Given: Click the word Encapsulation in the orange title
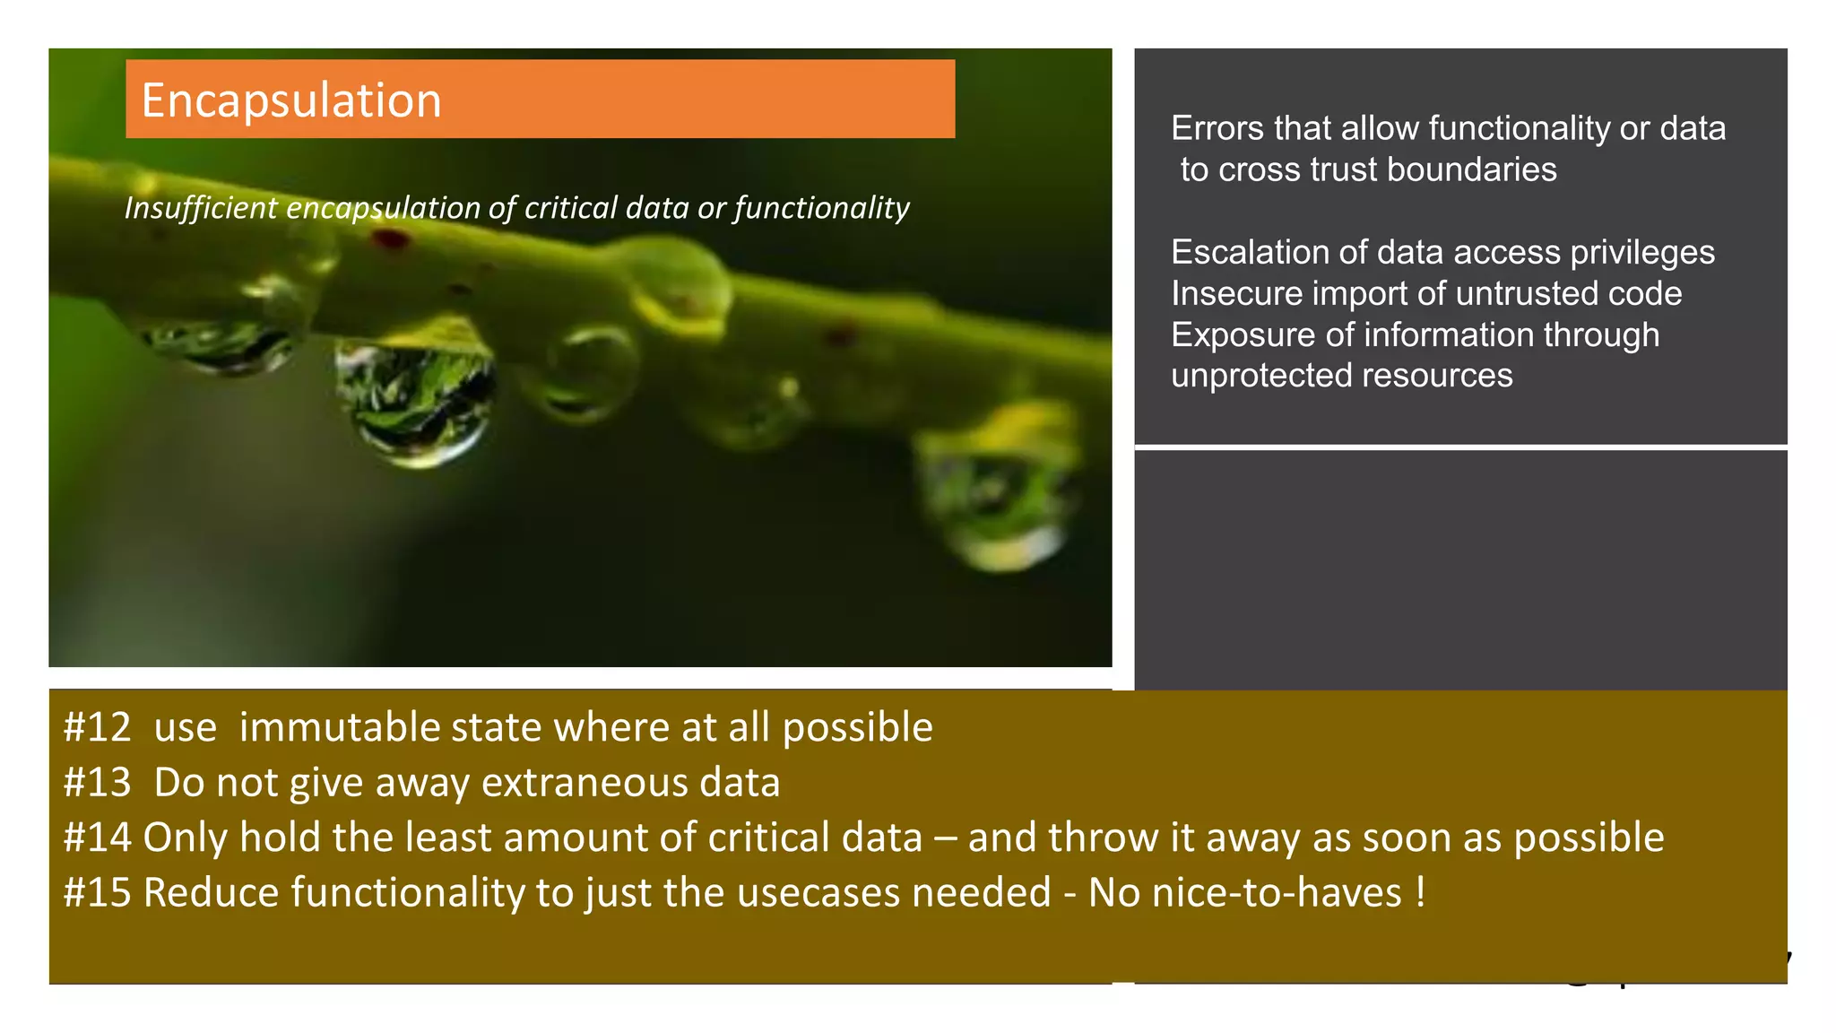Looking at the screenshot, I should [x=291, y=100].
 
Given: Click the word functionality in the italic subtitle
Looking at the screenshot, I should [x=821, y=208].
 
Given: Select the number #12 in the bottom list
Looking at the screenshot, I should [x=97, y=727].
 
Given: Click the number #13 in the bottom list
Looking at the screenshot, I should [x=97, y=783].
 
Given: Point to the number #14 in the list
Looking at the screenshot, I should [x=97, y=838].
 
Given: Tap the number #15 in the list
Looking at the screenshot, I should [x=97, y=893].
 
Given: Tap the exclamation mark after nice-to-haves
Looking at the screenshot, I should [x=1421, y=891].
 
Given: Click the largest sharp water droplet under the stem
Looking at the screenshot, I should [x=414, y=399].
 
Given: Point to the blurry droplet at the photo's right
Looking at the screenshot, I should [x=995, y=493].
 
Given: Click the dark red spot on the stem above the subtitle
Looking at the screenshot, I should [x=390, y=239].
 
